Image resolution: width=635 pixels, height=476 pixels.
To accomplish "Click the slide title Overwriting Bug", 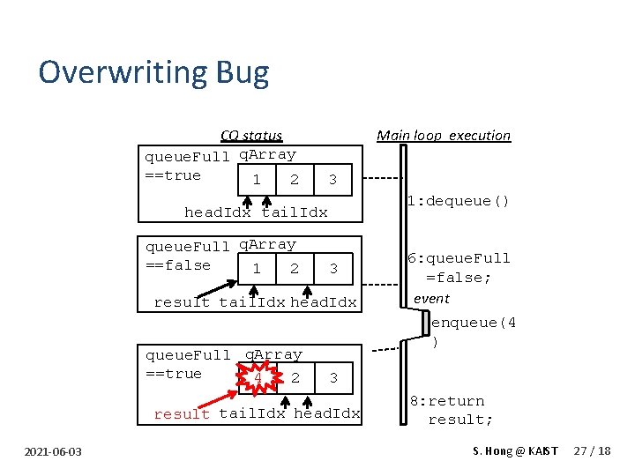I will [x=153, y=72].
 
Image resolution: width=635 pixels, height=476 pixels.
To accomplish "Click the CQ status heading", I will [x=251, y=136].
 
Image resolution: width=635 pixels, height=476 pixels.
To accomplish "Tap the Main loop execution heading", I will [x=444, y=136].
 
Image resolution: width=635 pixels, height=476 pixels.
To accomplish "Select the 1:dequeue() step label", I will [x=459, y=201].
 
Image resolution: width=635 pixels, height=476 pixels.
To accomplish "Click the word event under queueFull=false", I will [x=431, y=299].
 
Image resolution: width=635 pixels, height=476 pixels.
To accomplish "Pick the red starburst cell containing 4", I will [x=256, y=377].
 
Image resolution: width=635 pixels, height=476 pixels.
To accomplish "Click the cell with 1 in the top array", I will [x=256, y=180].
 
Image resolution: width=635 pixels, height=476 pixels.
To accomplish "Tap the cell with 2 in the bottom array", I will [x=295, y=377].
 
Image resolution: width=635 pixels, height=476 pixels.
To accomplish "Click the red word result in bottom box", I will [x=182, y=414].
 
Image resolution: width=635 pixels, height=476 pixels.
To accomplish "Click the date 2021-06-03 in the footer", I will [x=54, y=452].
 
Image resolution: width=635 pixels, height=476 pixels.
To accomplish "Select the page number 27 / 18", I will [x=592, y=451].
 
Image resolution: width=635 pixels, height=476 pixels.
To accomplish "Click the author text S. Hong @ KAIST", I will [x=516, y=451].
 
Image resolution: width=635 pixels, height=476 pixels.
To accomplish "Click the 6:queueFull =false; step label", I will [x=459, y=268].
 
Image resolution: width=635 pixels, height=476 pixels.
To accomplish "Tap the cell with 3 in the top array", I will [x=332, y=180].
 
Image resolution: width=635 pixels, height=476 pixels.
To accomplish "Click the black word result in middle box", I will [x=182, y=302].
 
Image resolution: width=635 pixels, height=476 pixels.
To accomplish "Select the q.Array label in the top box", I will [x=268, y=155].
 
